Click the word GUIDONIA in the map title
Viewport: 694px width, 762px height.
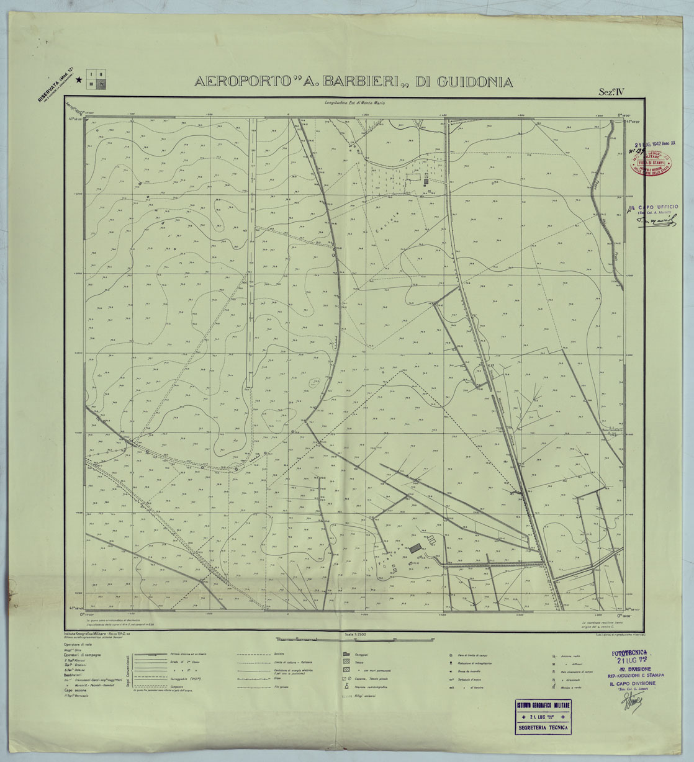click(x=474, y=82)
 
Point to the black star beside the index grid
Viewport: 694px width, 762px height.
click(x=79, y=79)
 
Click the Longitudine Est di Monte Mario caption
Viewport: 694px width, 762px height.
click(x=351, y=102)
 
